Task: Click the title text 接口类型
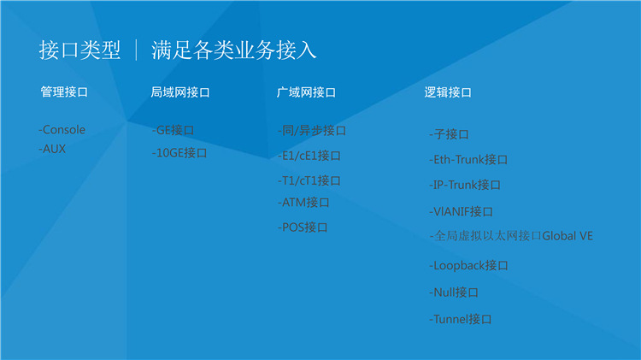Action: (79, 50)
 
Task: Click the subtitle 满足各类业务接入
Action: (234, 50)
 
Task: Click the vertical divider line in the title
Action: (136, 50)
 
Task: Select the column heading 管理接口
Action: (64, 91)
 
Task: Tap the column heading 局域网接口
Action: (180, 92)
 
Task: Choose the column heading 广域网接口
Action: (306, 92)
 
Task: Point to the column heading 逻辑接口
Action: (448, 92)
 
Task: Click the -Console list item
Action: (62, 130)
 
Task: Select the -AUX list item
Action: (52, 149)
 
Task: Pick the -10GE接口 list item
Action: (179, 153)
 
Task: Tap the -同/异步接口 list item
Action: (312, 131)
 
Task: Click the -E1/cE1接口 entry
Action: (309, 156)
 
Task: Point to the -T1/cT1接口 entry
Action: (309, 180)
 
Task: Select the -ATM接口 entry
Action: (303, 202)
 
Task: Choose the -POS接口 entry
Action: (303, 227)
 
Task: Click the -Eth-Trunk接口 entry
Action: (468, 160)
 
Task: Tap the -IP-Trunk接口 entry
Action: (465, 185)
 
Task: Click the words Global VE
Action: (567, 236)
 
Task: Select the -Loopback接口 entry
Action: (468, 265)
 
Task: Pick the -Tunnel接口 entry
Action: (461, 319)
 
